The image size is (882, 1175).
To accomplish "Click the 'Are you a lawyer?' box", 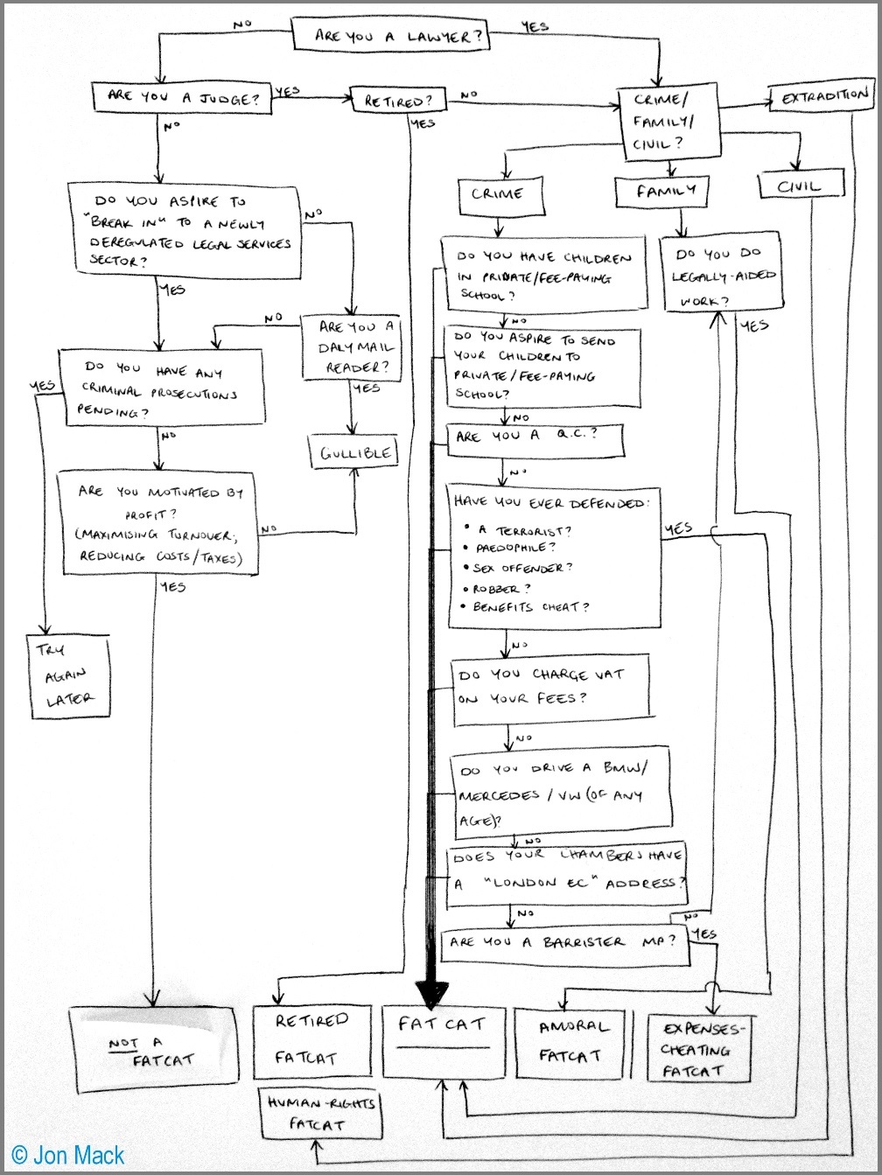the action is click(391, 35).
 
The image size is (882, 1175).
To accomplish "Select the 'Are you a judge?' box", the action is click(182, 98).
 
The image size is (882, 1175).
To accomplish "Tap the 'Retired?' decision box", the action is click(398, 100).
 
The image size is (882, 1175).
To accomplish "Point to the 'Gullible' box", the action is click(353, 452).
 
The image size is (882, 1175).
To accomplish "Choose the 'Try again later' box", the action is click(68, 676).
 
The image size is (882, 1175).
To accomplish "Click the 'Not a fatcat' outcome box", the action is click(155, 1049).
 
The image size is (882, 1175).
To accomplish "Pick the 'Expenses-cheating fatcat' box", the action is click(699, 1048).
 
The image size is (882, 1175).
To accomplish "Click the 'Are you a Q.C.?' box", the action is click(535, 441).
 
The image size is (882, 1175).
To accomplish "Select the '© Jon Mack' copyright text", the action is click(68, 1155).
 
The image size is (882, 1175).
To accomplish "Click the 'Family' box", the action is click(662, 191).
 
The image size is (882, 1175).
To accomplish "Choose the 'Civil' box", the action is click(801, 185).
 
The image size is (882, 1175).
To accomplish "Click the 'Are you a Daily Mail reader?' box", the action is click(352, 347).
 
